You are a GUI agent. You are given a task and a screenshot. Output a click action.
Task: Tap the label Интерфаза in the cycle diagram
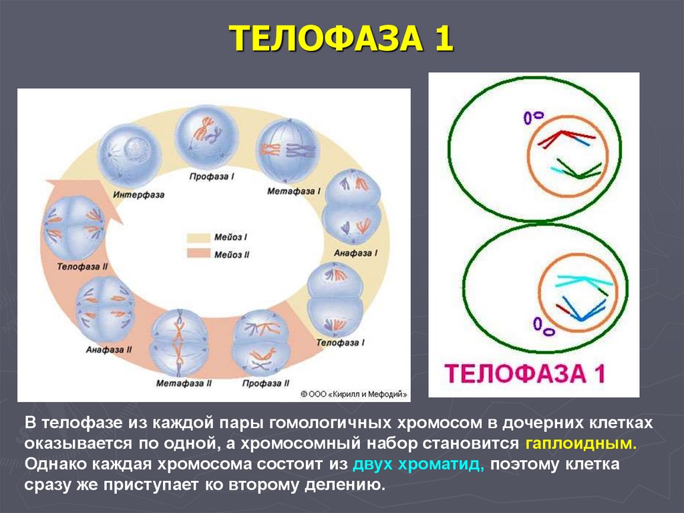[x=138, y=195]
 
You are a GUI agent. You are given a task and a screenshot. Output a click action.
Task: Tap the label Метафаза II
[x=184, y=383]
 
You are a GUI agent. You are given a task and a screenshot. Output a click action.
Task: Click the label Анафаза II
[x=109, y=349]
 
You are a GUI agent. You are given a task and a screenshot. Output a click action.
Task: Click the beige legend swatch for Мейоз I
[x=198, y=237]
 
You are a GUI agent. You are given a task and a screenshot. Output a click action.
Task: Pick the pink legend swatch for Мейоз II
[x=198, y=253]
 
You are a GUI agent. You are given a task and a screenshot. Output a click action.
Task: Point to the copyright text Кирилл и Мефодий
[x=353, y=395]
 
